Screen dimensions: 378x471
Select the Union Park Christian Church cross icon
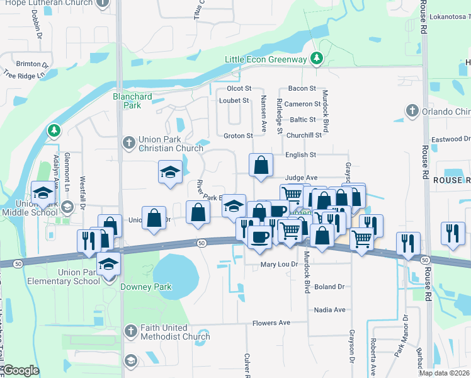(x=129, y=142)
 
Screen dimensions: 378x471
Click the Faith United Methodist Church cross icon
(x=130, y=330)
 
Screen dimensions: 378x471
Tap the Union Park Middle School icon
(x=42, y=192)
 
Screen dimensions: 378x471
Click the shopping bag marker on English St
(x=261, y=166)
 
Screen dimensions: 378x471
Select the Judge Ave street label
(x=301, y=178)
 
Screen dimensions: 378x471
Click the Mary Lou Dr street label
(x=279, y=265)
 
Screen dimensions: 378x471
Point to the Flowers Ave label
(x=271, y=323)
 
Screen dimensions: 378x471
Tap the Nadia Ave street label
(x=331, y=310)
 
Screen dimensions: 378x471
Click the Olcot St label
(x=239, y=89)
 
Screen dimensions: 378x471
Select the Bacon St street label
(x=302, y=89)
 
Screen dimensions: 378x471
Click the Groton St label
(x=238, y=135)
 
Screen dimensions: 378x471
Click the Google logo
(x=21, y=370)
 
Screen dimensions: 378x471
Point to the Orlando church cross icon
(x=412, y=112)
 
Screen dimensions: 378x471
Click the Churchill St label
(x=304, y=135)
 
